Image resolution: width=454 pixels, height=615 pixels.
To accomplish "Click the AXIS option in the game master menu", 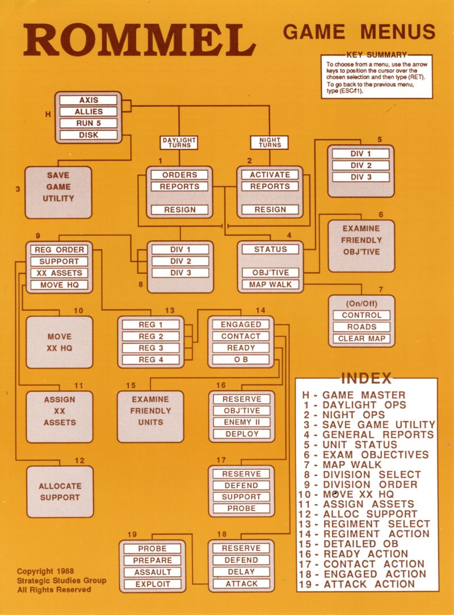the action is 88,100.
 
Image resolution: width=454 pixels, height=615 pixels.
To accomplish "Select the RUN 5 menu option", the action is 88,123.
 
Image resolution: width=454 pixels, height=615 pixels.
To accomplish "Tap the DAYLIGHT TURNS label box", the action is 179,143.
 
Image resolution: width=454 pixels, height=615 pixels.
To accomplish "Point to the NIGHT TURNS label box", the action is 270,143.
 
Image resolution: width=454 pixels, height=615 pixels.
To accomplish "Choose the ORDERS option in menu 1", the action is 179,175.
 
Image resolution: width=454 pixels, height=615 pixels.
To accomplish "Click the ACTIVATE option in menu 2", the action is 270,175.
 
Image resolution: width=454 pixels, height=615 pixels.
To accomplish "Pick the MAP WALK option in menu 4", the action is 270,285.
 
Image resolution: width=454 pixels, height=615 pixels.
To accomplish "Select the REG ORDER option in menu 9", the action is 59,250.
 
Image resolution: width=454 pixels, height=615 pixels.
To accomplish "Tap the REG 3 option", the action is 150,348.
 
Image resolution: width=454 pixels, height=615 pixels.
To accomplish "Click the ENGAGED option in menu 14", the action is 241,324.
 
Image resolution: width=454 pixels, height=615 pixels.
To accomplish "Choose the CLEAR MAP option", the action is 361,338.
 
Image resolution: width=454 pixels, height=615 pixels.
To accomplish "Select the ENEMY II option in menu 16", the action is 242,422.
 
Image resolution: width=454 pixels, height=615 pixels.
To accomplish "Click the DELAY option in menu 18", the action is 241,572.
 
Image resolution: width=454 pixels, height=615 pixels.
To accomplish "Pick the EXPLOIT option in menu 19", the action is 153,584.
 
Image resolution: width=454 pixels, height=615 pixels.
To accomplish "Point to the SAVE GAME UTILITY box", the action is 58,193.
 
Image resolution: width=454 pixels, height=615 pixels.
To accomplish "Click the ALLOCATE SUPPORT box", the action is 60,491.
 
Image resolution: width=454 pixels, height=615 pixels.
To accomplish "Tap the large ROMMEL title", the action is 140,40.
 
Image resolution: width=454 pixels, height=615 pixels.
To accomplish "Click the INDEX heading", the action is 366,379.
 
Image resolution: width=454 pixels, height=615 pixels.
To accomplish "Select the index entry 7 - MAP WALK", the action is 342,465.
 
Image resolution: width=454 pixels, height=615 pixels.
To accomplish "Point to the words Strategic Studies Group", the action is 61,580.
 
